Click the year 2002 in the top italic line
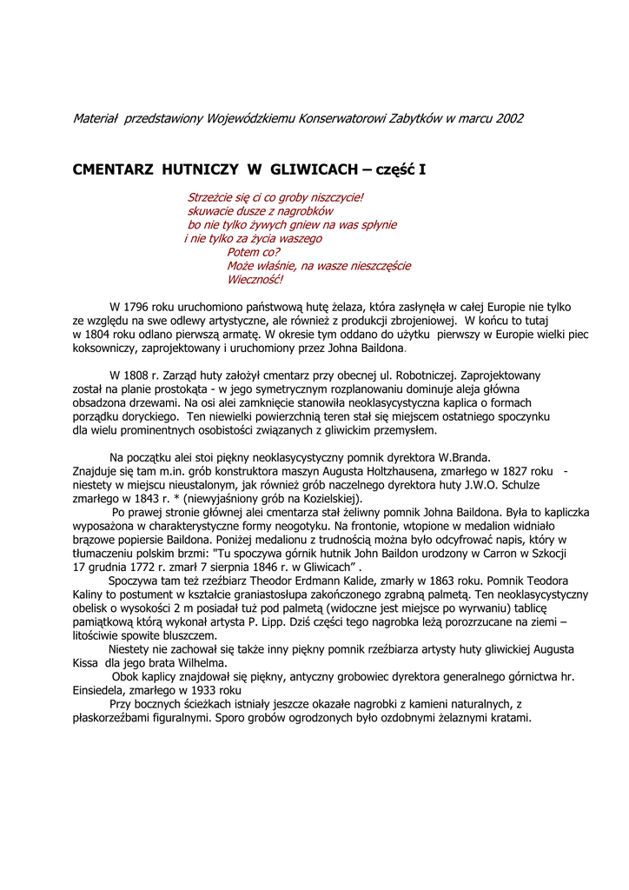[x=509, y=118]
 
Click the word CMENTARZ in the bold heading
[x=113, y=170]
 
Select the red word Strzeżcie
[x=211, y=197]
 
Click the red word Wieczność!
[x=255, y=280]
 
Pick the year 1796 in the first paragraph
[x=140, y=307]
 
